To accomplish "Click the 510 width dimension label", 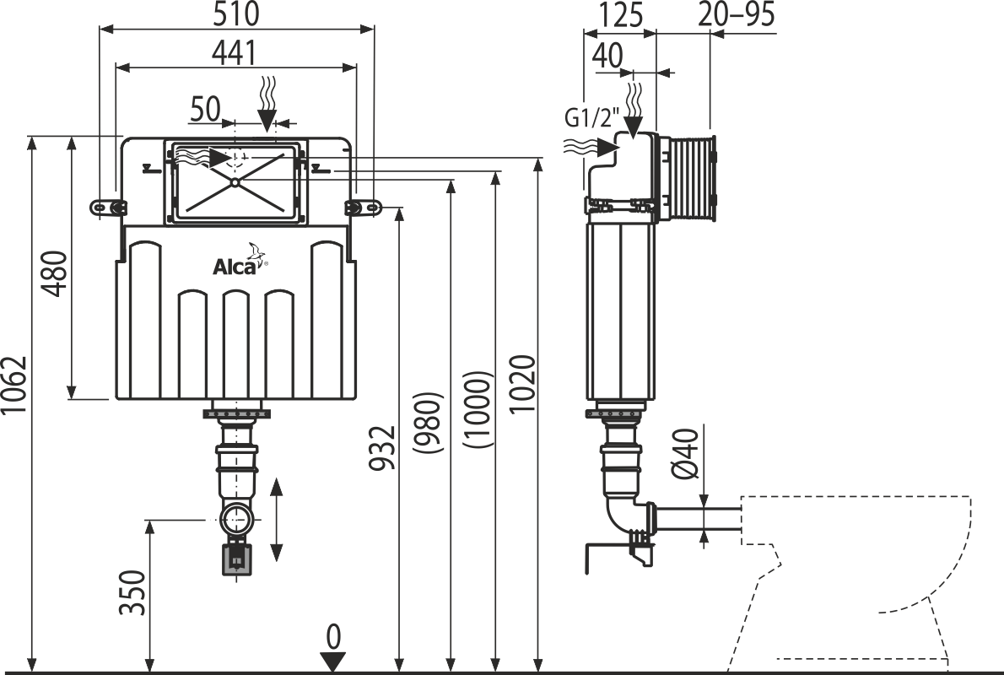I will (x=235, y=14).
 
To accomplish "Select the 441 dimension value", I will (x=234, y=53).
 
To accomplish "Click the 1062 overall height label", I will (x=15, y=385).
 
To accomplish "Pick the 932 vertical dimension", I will (x=383, y=448).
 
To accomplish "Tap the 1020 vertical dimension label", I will (x=522, y=385).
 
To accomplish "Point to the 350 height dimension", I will (x=132, y=592).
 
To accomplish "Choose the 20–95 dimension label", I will (x=736, y=14).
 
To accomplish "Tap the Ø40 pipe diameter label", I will (x=686, y=453).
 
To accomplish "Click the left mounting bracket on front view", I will (x=109, y=207).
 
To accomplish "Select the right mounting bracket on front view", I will (x=362, y=207).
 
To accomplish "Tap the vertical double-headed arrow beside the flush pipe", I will (x=276, y=519).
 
